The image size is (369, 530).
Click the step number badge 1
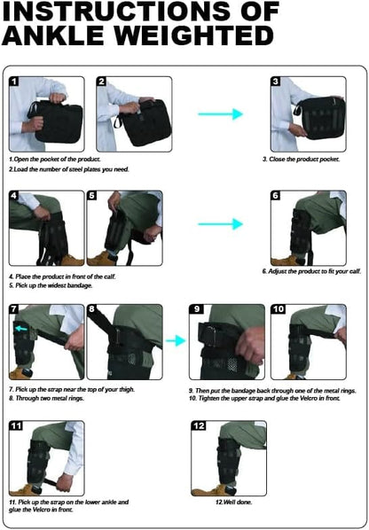coord(15,82)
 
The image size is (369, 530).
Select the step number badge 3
coord(276,82)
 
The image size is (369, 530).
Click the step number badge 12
coord(198,425)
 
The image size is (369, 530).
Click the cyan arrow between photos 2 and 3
coord(220,113)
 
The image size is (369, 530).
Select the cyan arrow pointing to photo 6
coord(220,224)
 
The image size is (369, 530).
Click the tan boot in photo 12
coord(209,489)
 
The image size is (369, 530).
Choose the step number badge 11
coord(16,425)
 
